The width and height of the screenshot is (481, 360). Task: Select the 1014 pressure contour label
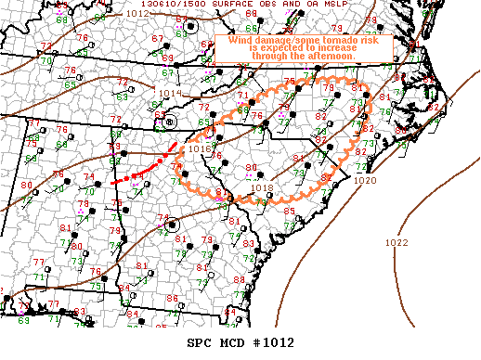pyautogui.click(x=172, y=94)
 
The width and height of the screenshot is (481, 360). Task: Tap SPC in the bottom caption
pyautogui.click(x=200, y=341)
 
